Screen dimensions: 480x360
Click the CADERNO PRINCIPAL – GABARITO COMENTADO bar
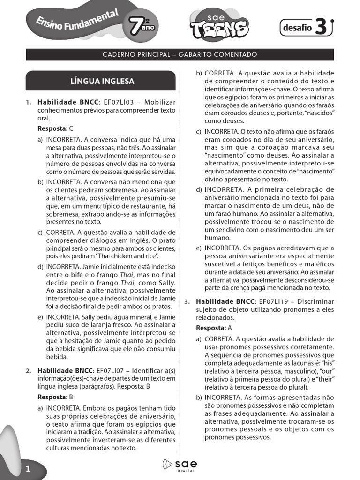click(180, 55)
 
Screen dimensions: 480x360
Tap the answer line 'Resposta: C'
click(55, 128)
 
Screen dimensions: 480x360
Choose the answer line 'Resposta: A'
click(214, 328)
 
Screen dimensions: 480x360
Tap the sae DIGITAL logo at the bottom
click(180, 465)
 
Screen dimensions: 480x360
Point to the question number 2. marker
click(29, 370)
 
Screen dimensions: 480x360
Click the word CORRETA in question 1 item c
click(60, 232)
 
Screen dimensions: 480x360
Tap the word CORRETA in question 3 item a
click(219, 338)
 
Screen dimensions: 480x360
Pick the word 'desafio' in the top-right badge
click(297, 28)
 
